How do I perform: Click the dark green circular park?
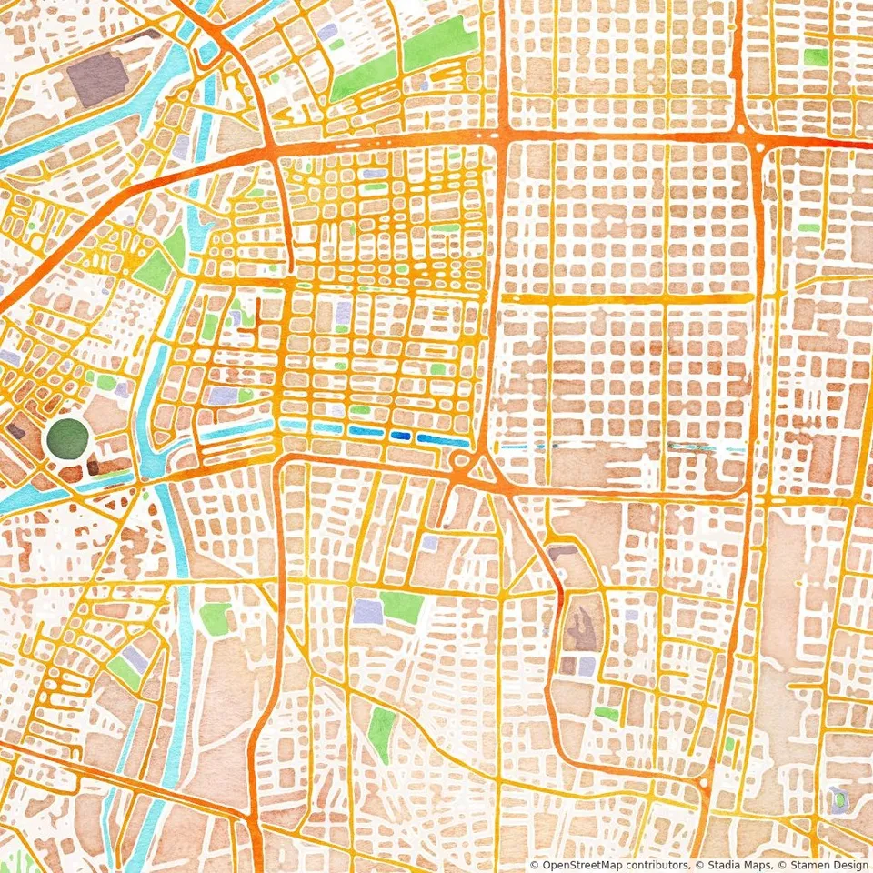point(68,438)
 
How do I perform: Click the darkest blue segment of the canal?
point(400,436)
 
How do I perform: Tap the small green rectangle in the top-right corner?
point(816,57)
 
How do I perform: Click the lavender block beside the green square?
point(367,610)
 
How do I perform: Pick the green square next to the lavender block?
point(401,607)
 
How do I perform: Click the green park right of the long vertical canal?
point(215,618)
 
